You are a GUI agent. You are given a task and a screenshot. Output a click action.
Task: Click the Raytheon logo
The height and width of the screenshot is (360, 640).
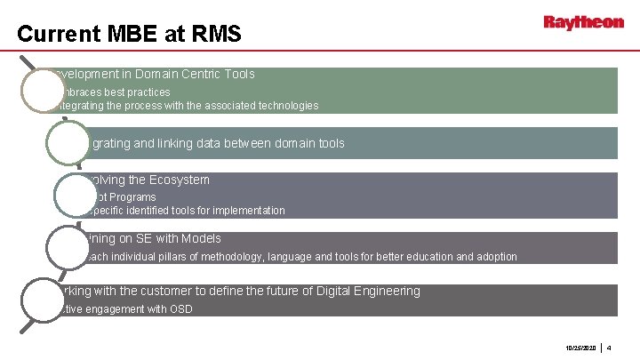pos(584,22)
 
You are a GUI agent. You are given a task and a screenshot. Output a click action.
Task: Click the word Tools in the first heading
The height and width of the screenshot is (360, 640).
pos(239,75)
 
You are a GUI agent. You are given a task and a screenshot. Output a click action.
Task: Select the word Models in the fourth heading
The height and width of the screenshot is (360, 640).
pos(201,239)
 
